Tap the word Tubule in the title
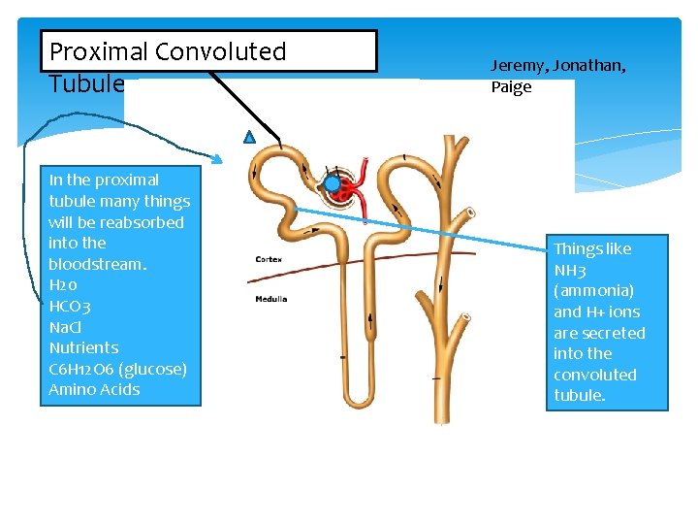pos(86,83)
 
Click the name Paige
pos(511,87)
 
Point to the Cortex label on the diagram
pos(269,259)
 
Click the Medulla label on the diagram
pos(270,299)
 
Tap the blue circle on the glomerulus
pos(333,182)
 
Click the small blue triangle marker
pos(249,138)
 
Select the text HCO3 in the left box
pos(70,306)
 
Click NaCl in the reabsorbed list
pos(65,327)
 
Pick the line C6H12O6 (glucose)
pos(117,369)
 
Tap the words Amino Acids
pos(94,390)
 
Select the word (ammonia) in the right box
pos(593,291)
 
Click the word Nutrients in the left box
pos(83,347)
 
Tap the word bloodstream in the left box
pos(96,264)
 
